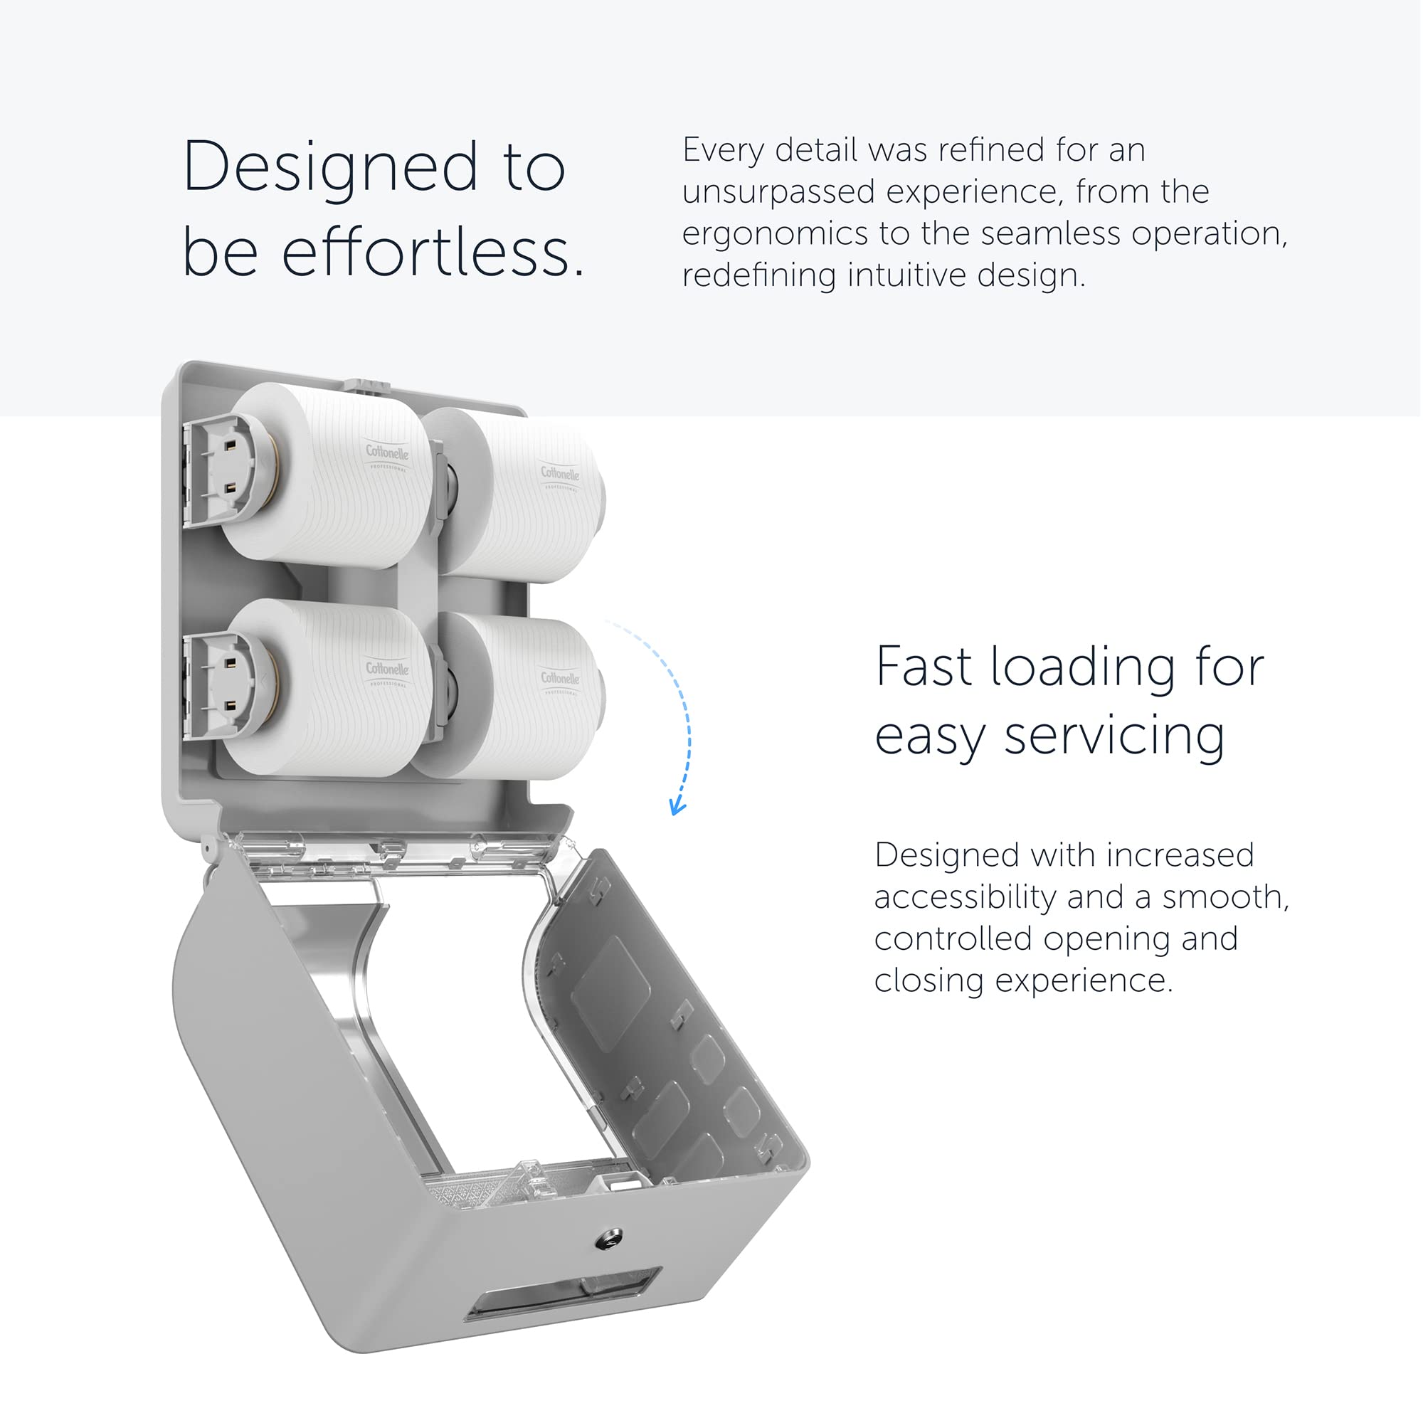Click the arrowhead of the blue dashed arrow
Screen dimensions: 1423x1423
coord(677,808)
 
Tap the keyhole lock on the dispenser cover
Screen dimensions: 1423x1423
coord(608,1239)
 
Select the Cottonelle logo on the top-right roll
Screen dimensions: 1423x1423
coord(560,475)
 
